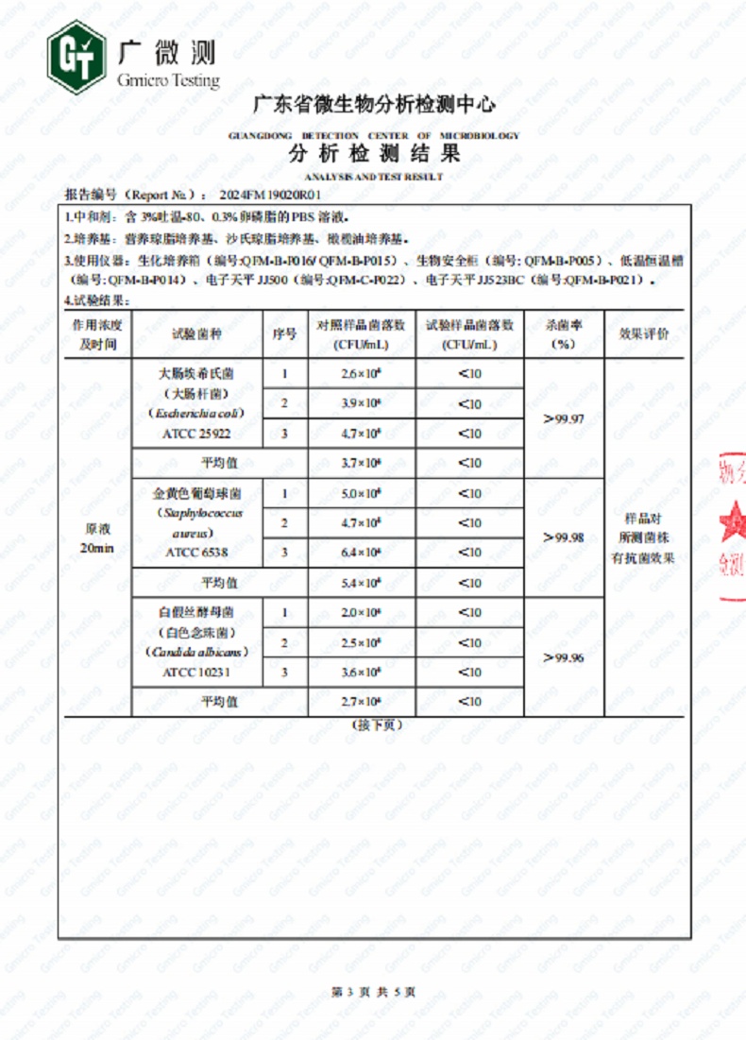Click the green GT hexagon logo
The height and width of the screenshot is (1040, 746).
(76, 59)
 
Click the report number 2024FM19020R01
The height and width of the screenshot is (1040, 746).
(277, 195)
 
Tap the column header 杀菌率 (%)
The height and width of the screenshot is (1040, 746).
(564, 334)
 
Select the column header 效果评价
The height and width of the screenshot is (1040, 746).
(644, 334)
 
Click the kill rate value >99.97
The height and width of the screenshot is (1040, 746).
(564, 418)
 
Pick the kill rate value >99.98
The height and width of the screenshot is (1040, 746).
(564, 537)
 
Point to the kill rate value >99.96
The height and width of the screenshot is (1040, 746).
(564, 657)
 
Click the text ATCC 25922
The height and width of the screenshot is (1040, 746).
(196, 434)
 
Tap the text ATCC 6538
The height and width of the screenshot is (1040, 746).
(196, 553)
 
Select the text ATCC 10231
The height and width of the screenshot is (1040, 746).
(196, 673)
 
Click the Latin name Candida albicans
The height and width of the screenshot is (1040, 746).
(196, 652)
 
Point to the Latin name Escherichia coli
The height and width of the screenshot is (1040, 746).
(196, 413)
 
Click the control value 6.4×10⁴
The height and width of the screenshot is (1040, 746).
(362, 553)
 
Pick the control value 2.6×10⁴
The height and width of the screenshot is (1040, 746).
(362, 374)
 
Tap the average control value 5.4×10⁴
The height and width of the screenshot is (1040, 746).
(362, 583)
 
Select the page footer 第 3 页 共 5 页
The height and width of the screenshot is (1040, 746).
(373, 991)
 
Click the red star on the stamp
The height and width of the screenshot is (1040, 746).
(732, 520)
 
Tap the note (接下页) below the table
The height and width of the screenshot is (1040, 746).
(376, 725)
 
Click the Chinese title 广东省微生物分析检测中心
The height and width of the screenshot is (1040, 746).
(374, 105)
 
